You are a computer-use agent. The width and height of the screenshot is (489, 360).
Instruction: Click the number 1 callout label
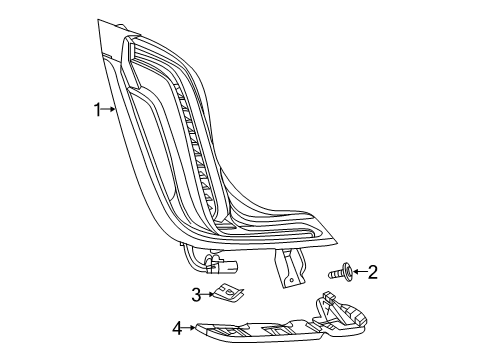98,110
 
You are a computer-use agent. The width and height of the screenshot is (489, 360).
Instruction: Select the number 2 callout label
372,271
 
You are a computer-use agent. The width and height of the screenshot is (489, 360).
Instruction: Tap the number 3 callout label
197,294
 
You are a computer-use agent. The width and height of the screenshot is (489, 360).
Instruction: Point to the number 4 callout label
176,327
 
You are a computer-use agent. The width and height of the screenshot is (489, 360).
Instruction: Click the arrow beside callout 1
110,110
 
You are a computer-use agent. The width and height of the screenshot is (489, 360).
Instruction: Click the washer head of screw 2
345,271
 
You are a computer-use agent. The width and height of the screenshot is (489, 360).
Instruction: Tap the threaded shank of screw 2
334,271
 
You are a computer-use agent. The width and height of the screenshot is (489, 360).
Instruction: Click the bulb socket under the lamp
224,266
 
